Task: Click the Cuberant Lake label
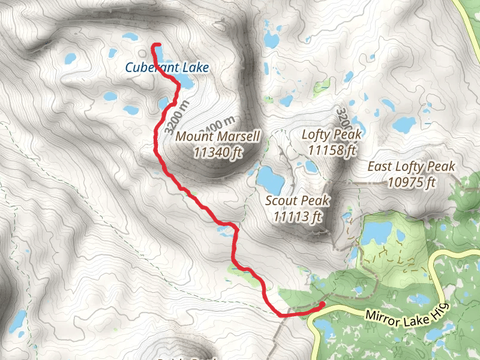click(167, 68)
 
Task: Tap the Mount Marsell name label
click(218, 136)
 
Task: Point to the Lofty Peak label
click(332, 134)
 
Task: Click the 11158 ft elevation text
click(332, 149)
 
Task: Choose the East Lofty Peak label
click(412, 167)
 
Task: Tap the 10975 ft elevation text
click(412, 182)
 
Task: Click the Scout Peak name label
click(298, 200)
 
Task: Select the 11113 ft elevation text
click(298, 216)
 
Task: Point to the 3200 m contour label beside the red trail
click(176, 116)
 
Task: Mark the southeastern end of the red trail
click(322, 304)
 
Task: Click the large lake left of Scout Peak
click(271, 178)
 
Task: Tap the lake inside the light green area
click(377, 233)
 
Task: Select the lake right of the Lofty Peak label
click(404, 125)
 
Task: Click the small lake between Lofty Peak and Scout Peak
click(311, 166)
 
